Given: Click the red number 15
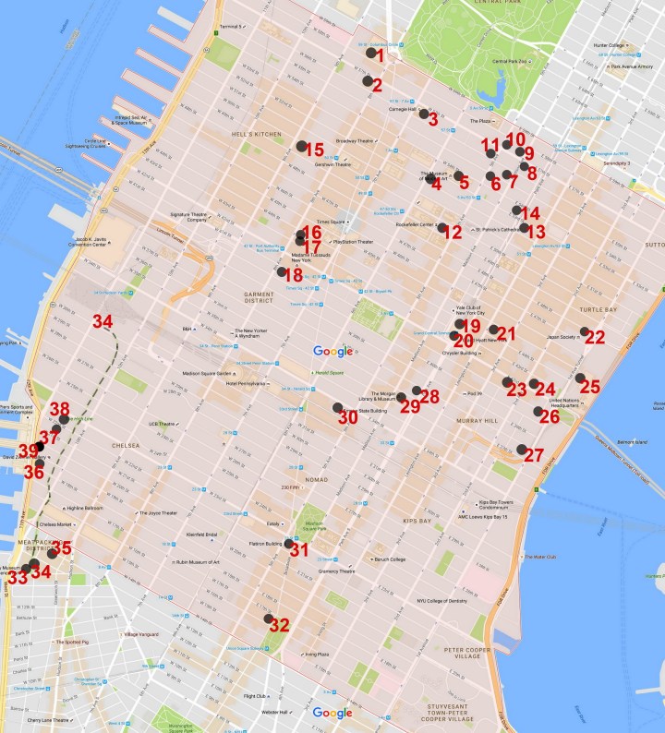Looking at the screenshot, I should click(315, 150).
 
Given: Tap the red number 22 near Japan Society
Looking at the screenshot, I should click(595, 337).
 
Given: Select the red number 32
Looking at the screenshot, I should click(280, 625).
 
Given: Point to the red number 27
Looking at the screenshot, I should click(534, 455).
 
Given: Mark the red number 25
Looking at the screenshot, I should click(590, 386).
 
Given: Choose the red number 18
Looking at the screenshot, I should click(293, 275).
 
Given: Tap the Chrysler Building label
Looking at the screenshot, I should click(464, 353).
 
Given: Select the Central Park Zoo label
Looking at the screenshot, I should click(509, 62).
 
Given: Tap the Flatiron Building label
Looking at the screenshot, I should click(266, 544).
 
